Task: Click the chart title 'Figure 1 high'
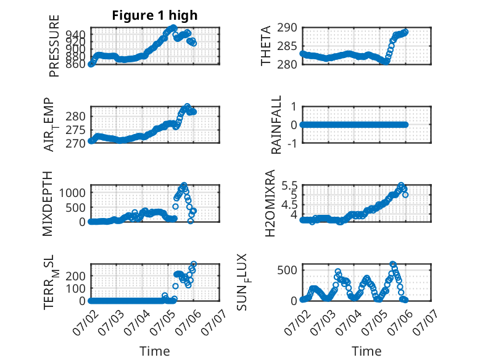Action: point(155,15)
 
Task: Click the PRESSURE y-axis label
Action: point(54,46)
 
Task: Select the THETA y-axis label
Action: point(266,46)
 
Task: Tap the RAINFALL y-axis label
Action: point(276,125)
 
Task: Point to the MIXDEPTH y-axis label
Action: point(48,204)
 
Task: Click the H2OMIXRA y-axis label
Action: point(270,203)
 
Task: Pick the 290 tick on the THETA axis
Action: point(287,28)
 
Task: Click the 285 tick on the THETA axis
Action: point(287,46)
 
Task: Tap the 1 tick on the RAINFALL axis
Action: point(294,107)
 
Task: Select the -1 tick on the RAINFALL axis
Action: point(292,143)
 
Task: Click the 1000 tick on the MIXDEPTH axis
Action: point(72,193)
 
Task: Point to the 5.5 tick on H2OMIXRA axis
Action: point(289,186)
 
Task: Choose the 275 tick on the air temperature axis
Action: point(76,130)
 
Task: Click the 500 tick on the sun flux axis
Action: point(287,270)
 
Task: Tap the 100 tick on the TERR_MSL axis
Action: point(76,288)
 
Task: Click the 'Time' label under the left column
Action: point(155,351)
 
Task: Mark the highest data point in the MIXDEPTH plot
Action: point(184,185)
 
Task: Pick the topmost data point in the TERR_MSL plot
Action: point(194,264)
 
